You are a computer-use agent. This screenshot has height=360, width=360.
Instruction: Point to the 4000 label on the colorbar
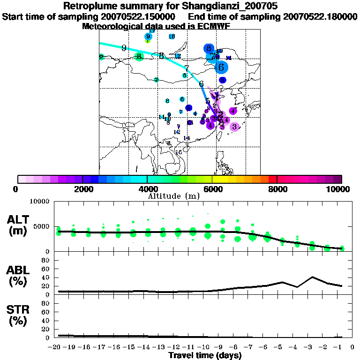147,189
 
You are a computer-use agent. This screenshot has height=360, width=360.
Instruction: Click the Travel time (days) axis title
205,356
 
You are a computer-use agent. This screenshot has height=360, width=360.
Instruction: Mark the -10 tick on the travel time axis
205,347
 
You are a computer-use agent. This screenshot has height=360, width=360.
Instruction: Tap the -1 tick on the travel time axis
342,347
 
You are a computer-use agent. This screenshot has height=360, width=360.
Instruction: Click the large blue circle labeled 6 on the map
221,67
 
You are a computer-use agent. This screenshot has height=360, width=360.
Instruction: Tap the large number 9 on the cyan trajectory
124,48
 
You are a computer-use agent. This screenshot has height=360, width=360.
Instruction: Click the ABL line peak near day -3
313,277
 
